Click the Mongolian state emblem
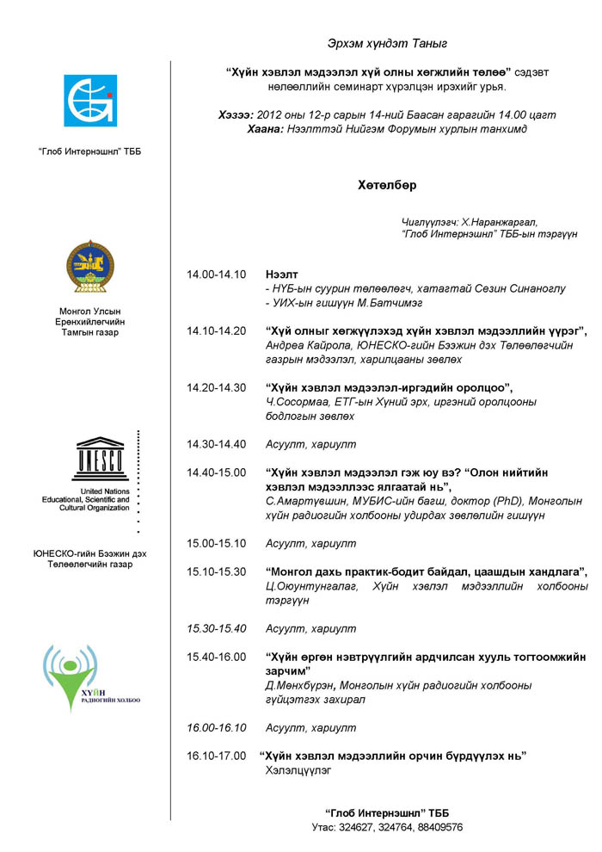[89, 268]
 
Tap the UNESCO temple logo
[101, 459]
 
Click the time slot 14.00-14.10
[217, 275]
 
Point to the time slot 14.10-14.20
[217, 330]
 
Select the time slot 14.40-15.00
[217, 472]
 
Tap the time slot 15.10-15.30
[217, 571]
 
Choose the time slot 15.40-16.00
[217, 657]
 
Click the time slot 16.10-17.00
[217, 756]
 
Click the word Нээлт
[283, 275]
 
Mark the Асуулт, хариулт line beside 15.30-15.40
[310, 628]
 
